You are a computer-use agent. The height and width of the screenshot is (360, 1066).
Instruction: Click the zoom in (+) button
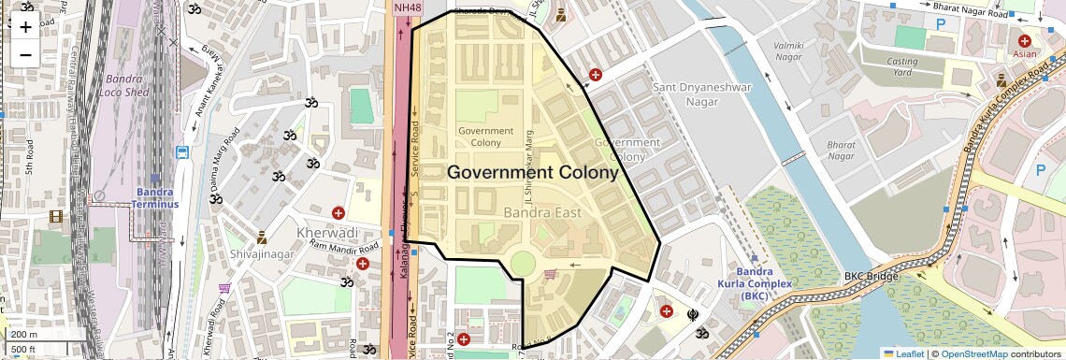pos(25,27)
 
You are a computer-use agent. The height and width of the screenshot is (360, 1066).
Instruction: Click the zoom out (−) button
pos(25,54)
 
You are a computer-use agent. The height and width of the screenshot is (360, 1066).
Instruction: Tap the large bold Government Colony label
pos(532,173)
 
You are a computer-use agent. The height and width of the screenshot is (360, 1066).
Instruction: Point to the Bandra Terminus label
pos(154,199)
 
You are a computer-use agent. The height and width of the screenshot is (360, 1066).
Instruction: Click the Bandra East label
pos(542,213)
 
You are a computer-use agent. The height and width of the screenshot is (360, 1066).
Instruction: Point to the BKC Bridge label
pos(871,276)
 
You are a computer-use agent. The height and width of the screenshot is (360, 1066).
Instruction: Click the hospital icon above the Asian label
pos(1025,41)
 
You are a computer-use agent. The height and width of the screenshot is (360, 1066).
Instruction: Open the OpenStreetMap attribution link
pos(973,353)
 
